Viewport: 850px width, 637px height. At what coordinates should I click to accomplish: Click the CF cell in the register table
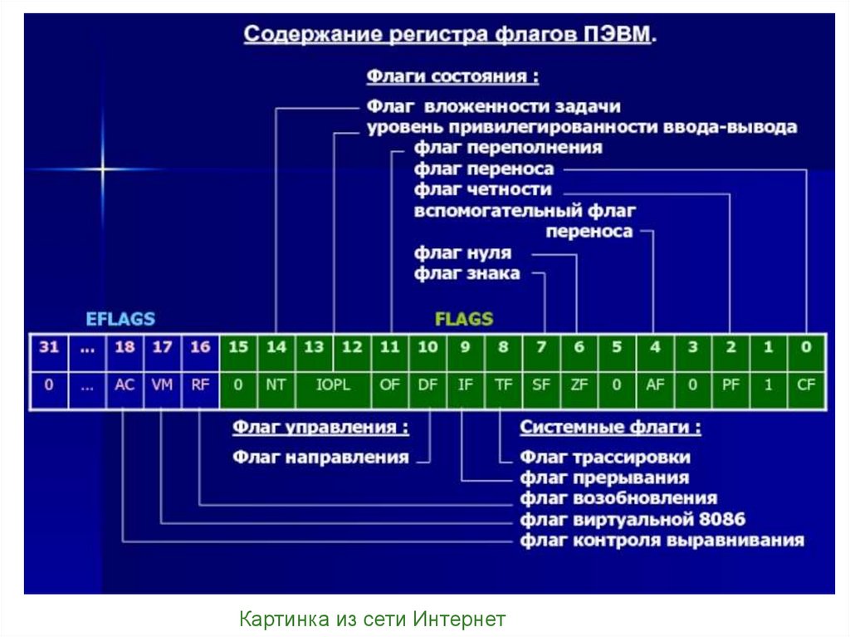pyautogui.click(x=806, y=385)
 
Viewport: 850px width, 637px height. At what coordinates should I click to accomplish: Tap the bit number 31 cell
pyautogui.click(x=49, y=347)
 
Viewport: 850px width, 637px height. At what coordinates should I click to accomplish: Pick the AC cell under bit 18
pyautogui.click(x=125, y=385)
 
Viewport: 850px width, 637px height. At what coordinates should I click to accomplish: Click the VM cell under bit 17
pyautogui.click(x=163, y=385)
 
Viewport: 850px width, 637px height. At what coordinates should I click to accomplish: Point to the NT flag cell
pyautogui.click(x=276, y=385)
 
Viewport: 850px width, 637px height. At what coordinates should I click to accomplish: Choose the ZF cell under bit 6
pyautogui.click(x=579, y=385)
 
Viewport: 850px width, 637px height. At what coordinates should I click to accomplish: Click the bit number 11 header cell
pyautogui.click(x=389, y=347)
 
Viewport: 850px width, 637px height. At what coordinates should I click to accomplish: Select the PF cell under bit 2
pyautogui.click(x=730, y=385)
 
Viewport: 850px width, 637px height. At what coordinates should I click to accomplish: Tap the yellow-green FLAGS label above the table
pyautogui.click(x=464, y=319)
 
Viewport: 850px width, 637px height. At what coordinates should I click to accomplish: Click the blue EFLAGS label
pyautogui.click(x=121, y=319)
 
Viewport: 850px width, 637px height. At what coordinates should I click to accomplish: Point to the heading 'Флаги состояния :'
pyautogui.click(x=452, y=76)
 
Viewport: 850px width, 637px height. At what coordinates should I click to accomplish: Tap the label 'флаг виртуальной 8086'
pyautogui.click(x=633, y=520)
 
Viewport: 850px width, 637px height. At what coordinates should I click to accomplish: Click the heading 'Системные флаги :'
pyautogui.click(x=610, y=428)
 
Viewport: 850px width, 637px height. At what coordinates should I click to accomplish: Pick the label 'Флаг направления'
pyautogui.click(x=320, y=457)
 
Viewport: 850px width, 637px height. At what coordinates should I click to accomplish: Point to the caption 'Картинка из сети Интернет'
pyautogui.click(x=373, y=619)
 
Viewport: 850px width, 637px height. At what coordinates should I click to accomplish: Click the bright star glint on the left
pyautogui.click(x=103, y=169)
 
